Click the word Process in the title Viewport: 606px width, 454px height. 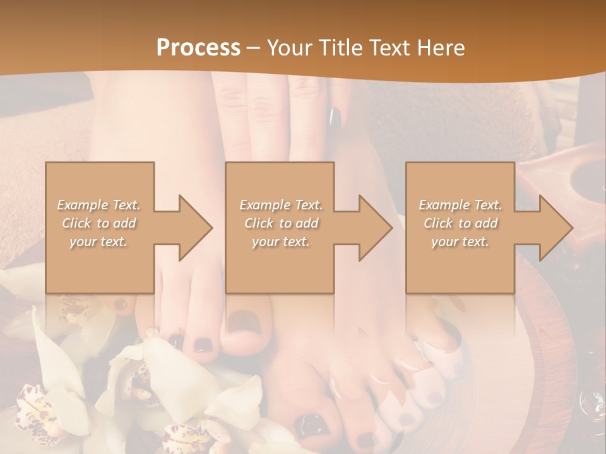point(198,47)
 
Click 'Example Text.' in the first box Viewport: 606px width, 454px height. point(98,205)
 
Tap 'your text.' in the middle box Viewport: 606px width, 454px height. point(280,242)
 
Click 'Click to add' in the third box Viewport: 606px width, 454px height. point(460,223)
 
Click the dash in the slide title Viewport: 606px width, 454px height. point(253,48)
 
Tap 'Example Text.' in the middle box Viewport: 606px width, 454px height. point(280,205)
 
